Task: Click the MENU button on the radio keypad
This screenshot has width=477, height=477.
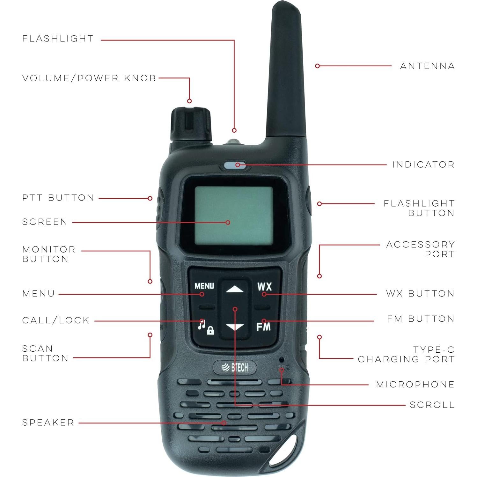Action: (x=204, y=286)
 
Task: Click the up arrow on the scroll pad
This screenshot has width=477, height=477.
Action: (x=235, y=290)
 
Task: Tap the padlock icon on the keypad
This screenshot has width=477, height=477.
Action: (x=210, y=331)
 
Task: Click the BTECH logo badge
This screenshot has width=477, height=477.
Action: (x=235, y=368)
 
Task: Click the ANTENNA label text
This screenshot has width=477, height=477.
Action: (x=427, y=66)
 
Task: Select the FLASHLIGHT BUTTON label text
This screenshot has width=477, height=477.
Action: (x=419, y=208)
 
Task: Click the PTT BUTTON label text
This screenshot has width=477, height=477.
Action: (x=58, y=198)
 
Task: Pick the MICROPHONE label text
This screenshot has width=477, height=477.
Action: (x=415, y=384)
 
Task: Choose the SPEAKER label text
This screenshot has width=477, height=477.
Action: (x=48, y=422)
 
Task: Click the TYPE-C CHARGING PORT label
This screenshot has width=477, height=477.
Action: (x=406, y=354)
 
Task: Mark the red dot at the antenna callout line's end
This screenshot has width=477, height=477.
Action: (x=317, y=66)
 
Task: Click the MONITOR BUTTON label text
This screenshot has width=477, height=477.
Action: (x=49, y=254)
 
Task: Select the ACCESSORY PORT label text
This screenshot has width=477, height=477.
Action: (x=420, y=249)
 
